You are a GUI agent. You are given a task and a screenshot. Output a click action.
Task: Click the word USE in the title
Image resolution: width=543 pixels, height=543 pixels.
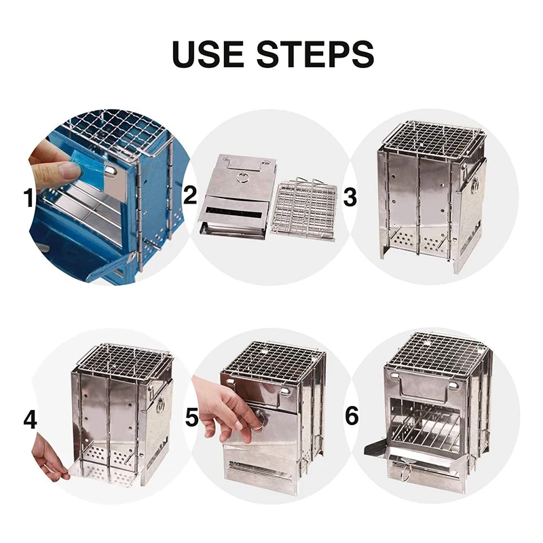tap(208, 54)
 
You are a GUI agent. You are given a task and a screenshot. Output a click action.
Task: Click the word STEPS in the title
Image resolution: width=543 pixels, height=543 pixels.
tap(315, 54)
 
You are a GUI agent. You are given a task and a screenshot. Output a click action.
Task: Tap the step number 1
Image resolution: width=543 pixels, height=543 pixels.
tap(29, 198)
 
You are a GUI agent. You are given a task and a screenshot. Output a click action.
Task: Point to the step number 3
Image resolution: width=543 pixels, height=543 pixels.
tap(350, 198)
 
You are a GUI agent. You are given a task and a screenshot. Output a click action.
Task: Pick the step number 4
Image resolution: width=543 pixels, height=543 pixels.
tap(30, 419)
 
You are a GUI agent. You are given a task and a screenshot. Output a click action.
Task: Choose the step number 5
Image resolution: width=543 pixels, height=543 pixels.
tap(192, 417)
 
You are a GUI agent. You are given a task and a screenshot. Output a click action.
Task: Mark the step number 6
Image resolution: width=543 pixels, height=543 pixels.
tap(352, 415)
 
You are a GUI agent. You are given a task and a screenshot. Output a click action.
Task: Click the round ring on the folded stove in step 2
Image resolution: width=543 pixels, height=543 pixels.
tap(242, 178)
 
